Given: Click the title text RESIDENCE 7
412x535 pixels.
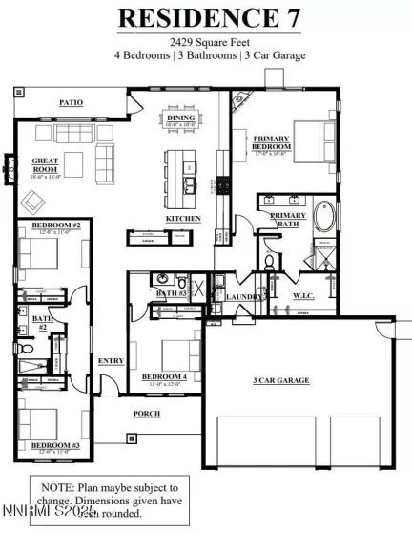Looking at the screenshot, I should pyautogui.click(x=205, y=17).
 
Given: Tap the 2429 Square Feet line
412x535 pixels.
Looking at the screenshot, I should pyautogui.click(x=205, y=42).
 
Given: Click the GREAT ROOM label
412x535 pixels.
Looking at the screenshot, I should pyautogui.click(x=46, y=165).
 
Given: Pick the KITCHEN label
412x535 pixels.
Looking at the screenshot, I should pyautogui.click(x=183, y=219).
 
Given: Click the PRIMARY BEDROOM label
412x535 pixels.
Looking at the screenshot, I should pyautogui.click(x=271, y=143).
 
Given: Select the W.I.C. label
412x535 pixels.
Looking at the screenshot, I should pyautogui.click(x=303, y=296).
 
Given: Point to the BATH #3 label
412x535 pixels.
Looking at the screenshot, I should pyautogui.click(x=170, y=292).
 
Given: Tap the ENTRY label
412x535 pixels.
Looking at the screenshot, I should pyautogui.click(x=111, y=360).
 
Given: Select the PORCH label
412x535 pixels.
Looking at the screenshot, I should pyautogui.click(x=146, y=414).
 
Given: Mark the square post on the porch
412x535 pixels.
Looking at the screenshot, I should pyautogui.click(x=130, y=439).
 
